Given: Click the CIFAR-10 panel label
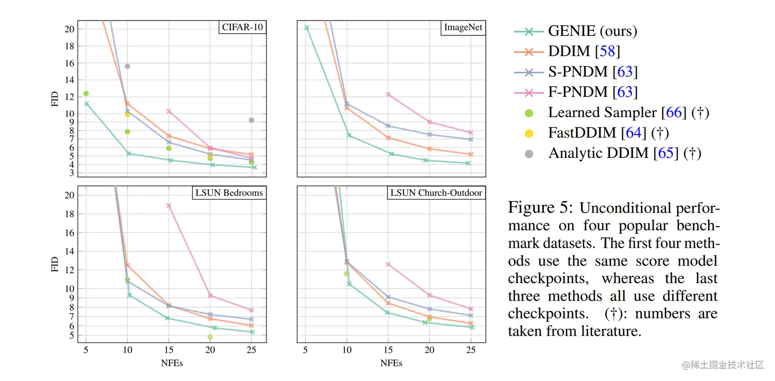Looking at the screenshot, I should [x=242, y=27].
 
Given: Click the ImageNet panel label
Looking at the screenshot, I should [x=463, y=27].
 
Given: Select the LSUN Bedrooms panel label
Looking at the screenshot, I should [x=229, y=193].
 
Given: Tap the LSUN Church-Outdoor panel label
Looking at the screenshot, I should [x=436, y=193].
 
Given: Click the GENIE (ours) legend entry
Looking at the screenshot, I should [x=592, y=31].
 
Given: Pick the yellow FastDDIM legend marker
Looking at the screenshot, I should [x=529, y=133].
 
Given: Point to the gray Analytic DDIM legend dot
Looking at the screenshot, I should [x=529, y=153].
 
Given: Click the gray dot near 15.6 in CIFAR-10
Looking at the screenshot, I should [x=127, y=66].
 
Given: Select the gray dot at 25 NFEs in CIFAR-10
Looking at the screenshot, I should [x=251, y=120].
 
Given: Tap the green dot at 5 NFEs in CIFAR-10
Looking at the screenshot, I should [x=86, y=93].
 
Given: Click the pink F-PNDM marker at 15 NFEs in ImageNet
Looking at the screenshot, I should [x=388, y=94].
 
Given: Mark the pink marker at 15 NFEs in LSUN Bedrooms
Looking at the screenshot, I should [x=169, y=206].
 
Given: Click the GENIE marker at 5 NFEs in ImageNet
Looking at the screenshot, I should [x=307, y=28].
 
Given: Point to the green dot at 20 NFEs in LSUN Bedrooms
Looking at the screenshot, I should [x=210, y=337].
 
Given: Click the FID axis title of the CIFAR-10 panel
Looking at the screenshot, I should [x=55, y=99].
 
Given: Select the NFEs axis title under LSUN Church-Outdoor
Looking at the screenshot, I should [x=391, y=363].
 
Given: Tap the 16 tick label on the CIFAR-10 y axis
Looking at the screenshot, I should [x=69, y=63].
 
